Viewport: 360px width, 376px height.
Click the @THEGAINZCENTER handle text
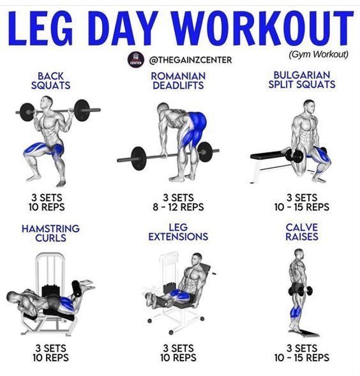[x=190, y=60]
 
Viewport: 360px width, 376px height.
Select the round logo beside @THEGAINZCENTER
[x=135, y=59]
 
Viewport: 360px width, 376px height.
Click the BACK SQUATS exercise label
[x=54, y=80]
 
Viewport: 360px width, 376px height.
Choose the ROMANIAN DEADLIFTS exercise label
[x=178, y=80]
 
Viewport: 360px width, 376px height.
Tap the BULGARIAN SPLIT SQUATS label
[x=301, y=80]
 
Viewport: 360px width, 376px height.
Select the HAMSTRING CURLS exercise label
[x=50, y=232]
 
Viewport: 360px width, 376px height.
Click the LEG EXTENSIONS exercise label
[x=178, y=232]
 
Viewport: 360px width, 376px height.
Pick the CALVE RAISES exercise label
[x=302, y=232]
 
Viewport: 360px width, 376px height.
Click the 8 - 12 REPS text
[x=178, y=207]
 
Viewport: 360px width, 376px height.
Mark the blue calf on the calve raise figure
[x=296, y=313]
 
